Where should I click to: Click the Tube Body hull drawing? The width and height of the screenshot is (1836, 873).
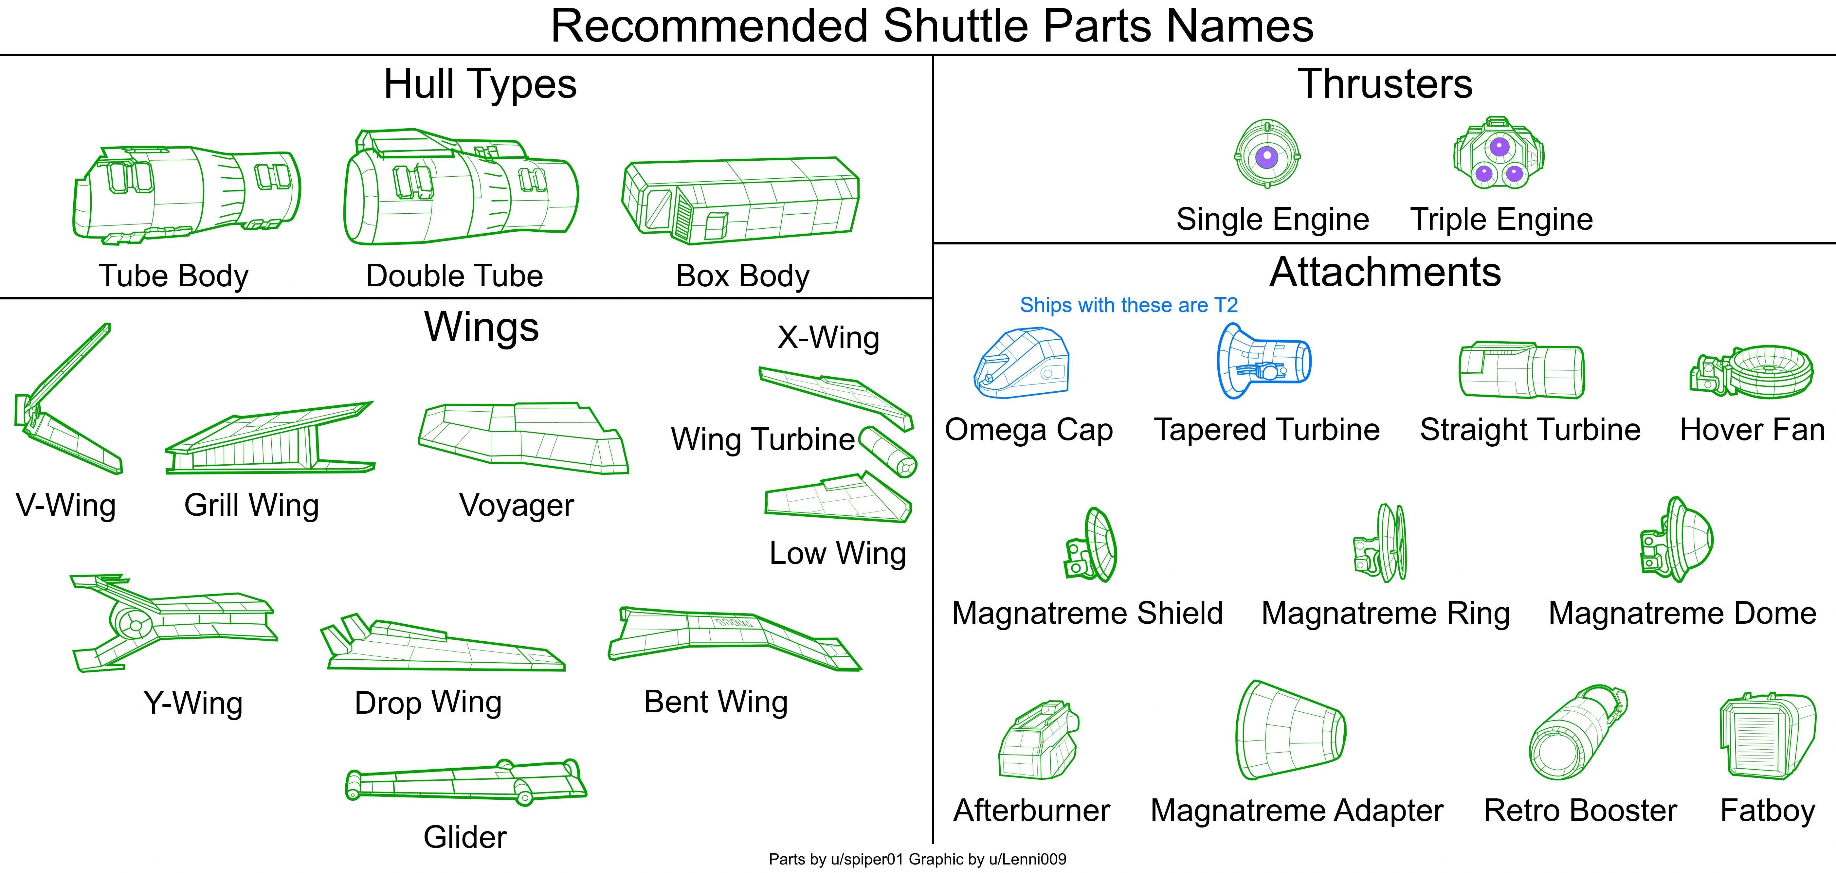point(187,194)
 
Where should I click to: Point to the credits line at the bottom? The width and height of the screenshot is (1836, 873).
point(917,859)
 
